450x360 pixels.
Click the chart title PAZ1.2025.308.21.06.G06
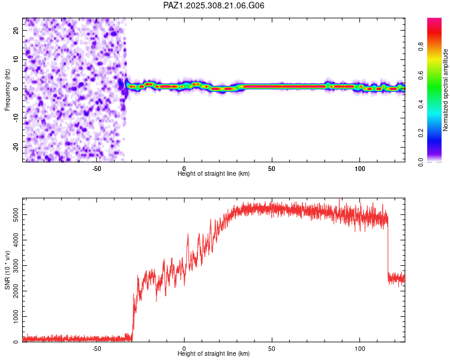214,5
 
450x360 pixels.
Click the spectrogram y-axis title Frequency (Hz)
8,89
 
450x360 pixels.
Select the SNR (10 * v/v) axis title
8,270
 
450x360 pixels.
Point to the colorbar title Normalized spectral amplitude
445,91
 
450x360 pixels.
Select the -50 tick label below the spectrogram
97,169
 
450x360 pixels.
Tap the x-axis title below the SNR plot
214,354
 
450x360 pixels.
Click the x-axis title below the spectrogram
214,174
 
